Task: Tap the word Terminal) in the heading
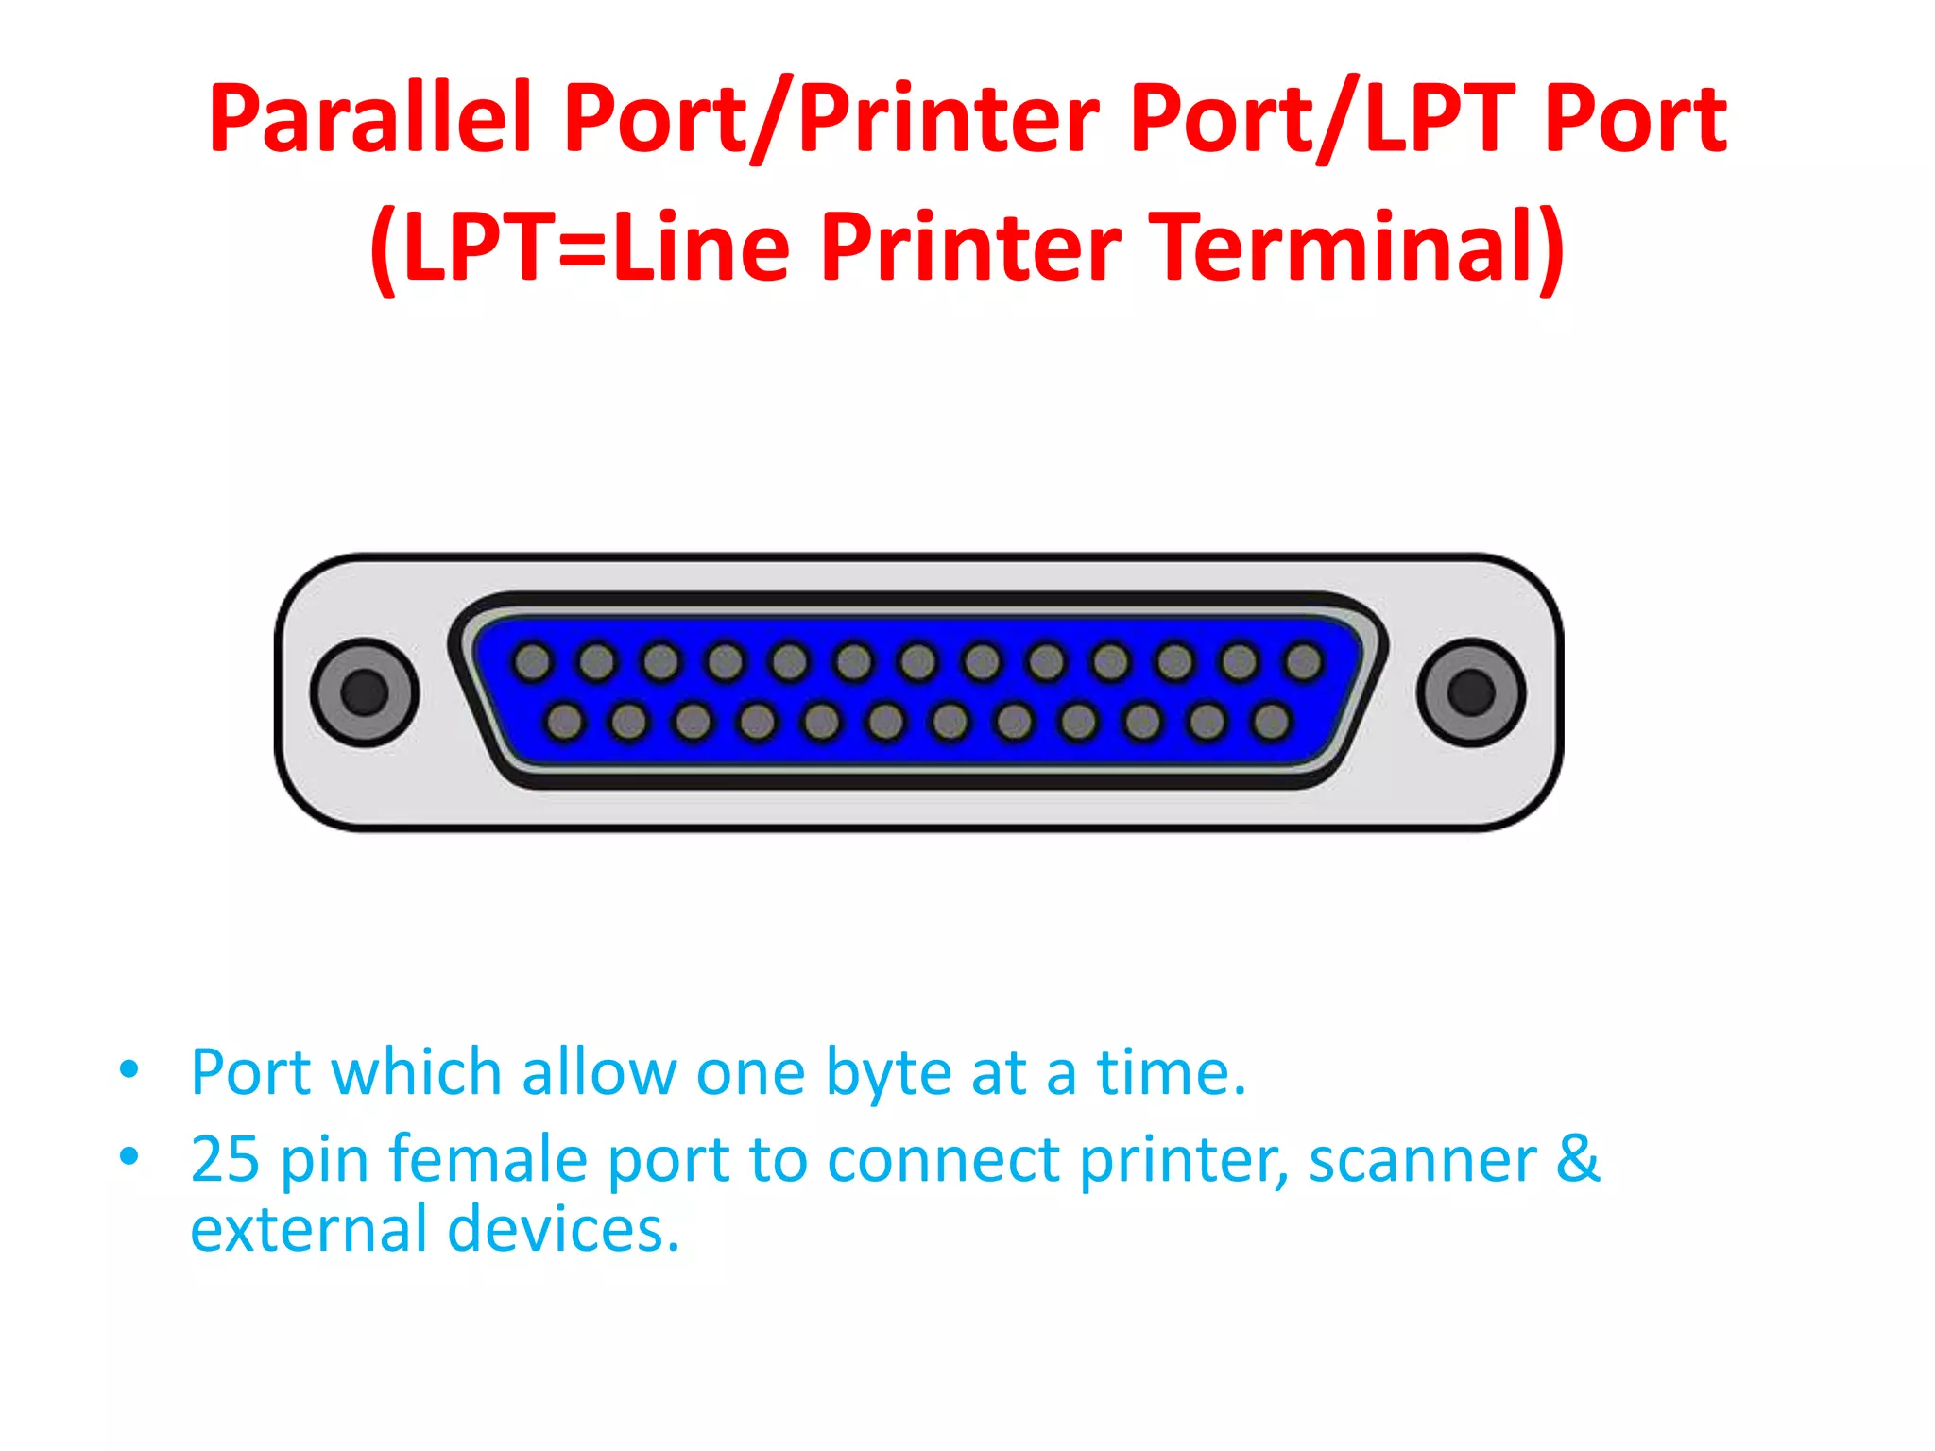pos(1361,247)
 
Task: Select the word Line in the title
pos(701,247)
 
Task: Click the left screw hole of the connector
pos(364,692)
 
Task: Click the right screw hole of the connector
pos(1470,692)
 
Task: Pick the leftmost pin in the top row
pos(533,662)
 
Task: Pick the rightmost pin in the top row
pos(1304,662)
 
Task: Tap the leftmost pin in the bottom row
pos(565,723)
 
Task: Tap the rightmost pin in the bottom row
pos(1271,723)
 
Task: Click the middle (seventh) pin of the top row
pos(918,662)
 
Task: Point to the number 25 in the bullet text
pos(225,1159)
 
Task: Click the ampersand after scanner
pos(1577,1159)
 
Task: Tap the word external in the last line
pos(308,1230)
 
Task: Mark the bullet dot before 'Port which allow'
pos(129,1071)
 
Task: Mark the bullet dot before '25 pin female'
pos(129,1155)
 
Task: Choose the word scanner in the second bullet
pos(1422,1161)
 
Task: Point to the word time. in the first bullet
pos(1171,1073)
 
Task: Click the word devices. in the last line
pos(563,1230)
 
